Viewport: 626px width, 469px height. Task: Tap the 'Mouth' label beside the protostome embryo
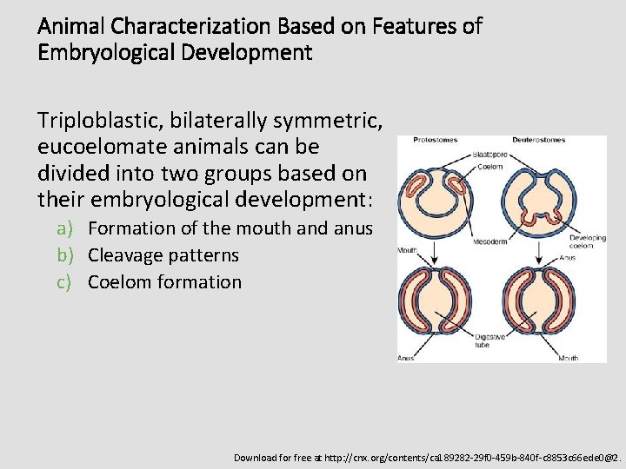pos(406,249)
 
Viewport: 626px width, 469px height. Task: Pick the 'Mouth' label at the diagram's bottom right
pos(569,357)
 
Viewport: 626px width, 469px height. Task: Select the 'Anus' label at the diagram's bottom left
pos(406,357)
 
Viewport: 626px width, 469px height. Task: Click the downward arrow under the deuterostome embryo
pos(541,251)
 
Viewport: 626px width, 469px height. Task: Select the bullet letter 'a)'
pos(66,228)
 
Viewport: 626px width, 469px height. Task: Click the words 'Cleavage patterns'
pos(163,255)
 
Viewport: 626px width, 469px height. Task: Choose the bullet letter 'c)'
pos(66,282)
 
